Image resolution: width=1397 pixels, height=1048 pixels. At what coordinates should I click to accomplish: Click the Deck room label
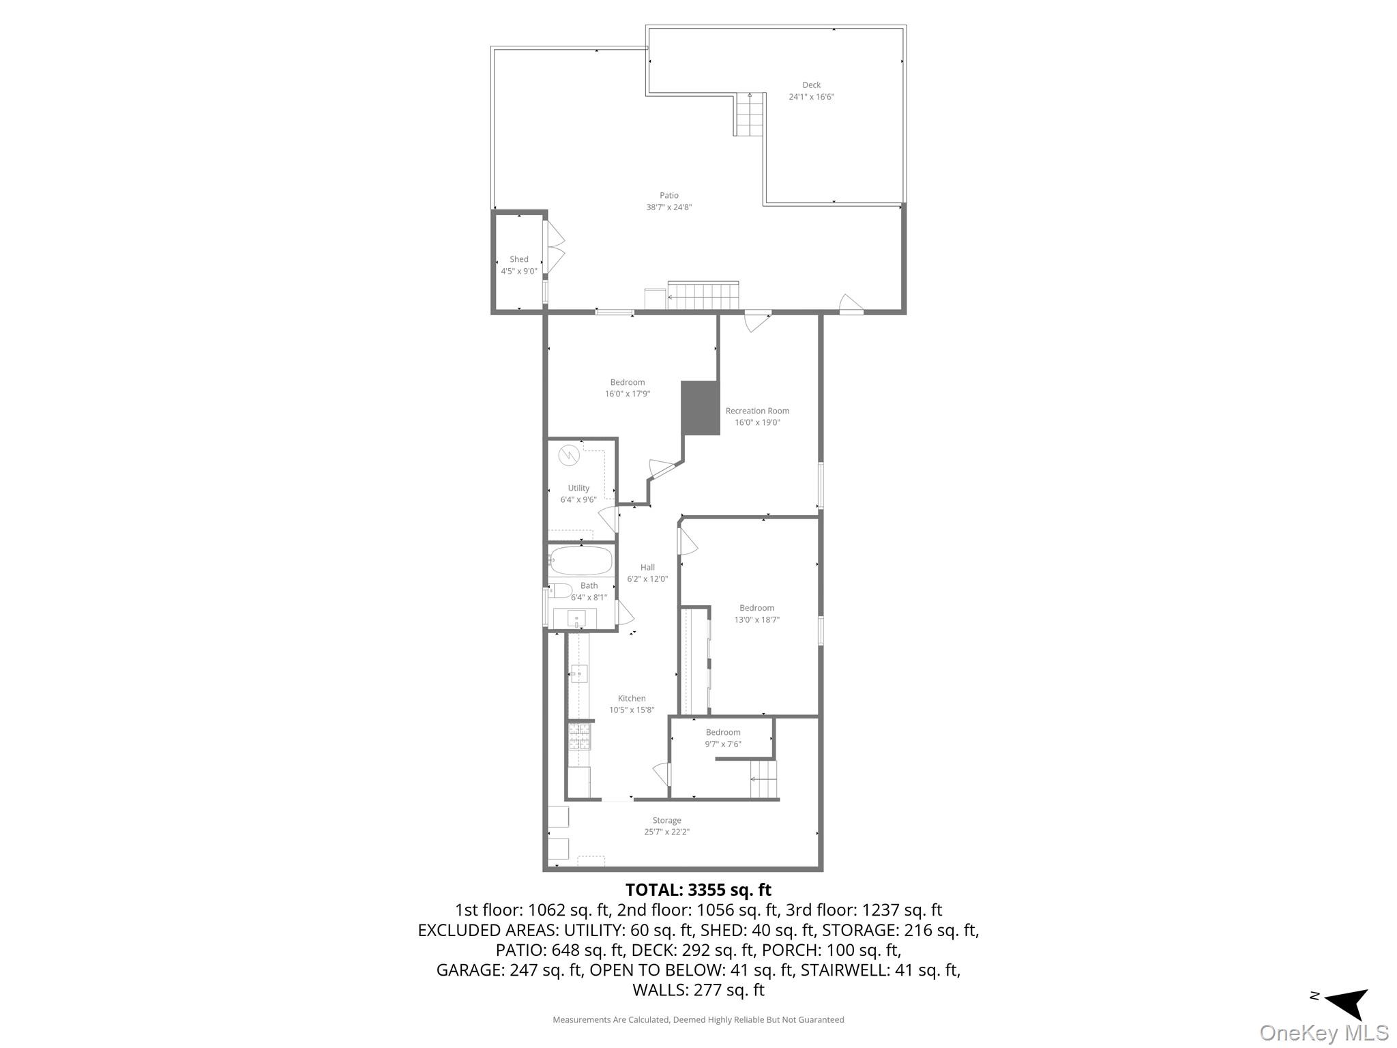[x=811, y=85]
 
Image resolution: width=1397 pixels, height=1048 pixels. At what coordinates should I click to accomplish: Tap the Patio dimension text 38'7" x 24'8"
[x=668, y=207]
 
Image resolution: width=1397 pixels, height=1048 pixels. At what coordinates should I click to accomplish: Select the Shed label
[x=518, y=259]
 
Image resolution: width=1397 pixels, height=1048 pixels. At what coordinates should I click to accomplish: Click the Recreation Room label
[x=757, y=411]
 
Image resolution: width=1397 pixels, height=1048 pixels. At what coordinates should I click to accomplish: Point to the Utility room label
[x=578, y=488]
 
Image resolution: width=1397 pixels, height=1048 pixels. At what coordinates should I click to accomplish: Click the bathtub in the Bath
[x=581, y=560]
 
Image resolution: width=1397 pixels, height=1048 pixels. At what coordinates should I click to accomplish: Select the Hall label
[x=647, y=567]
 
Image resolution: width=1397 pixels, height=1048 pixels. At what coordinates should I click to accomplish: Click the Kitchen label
[x=632, y=698]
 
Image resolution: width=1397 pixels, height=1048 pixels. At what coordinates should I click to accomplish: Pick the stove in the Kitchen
[x=579, y=737]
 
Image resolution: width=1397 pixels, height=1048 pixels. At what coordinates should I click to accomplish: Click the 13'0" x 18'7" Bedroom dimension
[x=756, y=620]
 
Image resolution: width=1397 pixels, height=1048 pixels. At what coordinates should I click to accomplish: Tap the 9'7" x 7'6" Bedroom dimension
[x=723, y=744]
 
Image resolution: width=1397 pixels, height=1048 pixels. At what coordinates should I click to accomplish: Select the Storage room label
[x=666, y=820]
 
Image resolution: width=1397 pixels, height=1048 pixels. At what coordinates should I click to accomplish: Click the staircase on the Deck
[x=749, y=114]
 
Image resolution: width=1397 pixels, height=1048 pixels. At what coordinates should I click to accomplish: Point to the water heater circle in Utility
[x=568, y=454]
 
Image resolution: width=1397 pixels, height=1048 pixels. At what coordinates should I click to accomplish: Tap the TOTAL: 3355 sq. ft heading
[x=698, y=890]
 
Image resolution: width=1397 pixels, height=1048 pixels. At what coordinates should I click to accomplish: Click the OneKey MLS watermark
[x=1324, y=1032]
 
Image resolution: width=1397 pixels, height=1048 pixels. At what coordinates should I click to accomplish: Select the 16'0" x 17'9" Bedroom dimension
[x=627, y=394]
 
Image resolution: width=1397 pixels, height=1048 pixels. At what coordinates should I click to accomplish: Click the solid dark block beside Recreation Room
[x=701, y=407]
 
